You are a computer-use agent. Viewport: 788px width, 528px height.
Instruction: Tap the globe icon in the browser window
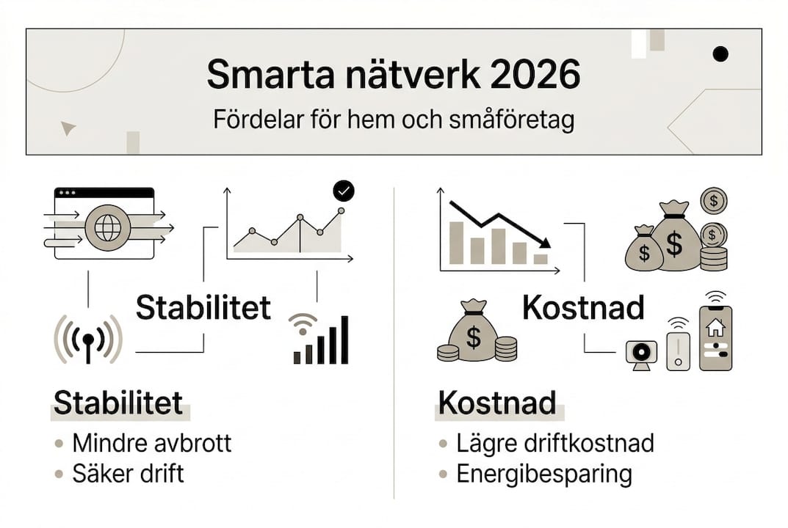click(x=107, y=227)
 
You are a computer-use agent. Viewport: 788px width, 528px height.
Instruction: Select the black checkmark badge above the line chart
click(x=343, y=191)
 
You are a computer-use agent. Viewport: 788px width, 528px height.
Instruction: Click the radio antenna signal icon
click(x=88, y=339)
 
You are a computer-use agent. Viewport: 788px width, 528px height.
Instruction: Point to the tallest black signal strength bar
click(x=344, y=340)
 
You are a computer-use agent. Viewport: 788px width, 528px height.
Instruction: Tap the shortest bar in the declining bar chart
click(x=541, y=258)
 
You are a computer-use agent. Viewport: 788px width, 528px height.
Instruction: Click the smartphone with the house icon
click(x=715, y=337)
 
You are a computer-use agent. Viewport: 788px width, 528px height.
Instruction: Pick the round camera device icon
click(x=640, y=352)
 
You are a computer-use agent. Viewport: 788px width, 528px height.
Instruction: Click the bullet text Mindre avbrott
click(x=151, y=443)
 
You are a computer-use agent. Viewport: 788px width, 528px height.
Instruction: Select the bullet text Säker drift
click(x=128, y=474)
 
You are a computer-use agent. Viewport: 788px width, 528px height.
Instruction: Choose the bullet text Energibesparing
click(x=543, y=474)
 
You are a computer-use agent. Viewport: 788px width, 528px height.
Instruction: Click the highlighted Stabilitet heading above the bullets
click(x=118, y=404)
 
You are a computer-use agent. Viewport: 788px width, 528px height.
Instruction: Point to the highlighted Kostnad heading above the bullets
click(x=496, y=404)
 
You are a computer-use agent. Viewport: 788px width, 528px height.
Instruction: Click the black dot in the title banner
click(x=720, y=54)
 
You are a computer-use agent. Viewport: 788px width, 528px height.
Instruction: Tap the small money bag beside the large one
click(x=644, y=249)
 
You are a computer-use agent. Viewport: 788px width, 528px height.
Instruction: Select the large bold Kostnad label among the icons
click(x=583, y=308)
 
